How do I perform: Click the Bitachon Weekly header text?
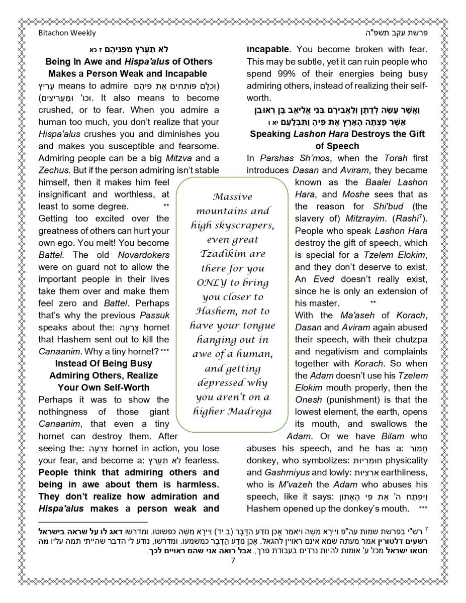pos(67,33)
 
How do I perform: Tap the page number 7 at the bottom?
pos(233,561)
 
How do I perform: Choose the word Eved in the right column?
pos(324,279)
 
